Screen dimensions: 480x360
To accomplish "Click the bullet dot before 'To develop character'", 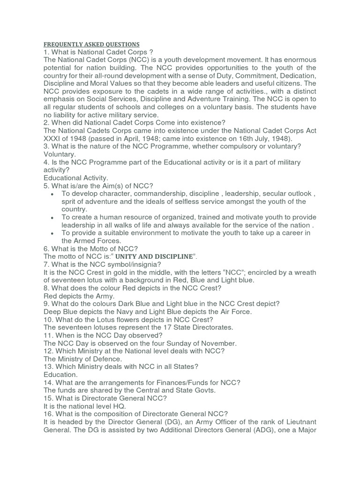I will pyautogui.click(x=51, y=194).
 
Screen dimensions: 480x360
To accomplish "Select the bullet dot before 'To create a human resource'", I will pyautogui.click(x=51, y=218).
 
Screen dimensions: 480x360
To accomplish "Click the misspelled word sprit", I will pyautogui.click(x=70, y=202).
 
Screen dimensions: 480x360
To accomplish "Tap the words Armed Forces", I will pyautogui.click(x=97, y=241).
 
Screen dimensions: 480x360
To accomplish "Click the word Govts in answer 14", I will pyautogui.click(x=204, y=391).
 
